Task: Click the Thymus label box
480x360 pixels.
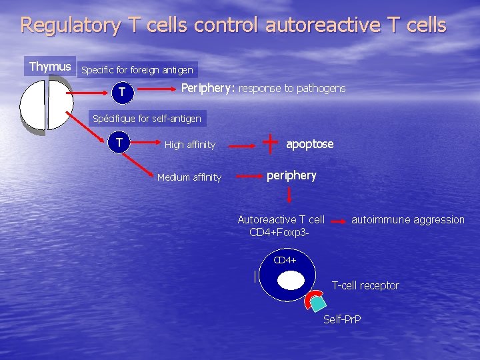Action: coord(50,67)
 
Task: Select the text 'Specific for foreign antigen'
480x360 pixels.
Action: coord(137,69)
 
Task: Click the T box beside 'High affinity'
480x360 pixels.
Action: coord(119,141)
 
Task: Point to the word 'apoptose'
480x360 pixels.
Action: coord(310,144)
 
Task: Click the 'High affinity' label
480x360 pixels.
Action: coord(190,145)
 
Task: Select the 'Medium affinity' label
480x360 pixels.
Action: coord(189,177)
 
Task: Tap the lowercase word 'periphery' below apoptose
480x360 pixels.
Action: coord(291,175)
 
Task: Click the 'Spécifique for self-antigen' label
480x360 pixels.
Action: coord(147,119)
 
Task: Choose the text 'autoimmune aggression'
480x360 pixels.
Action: coord(408,219)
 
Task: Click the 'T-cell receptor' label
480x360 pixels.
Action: coord(365,285)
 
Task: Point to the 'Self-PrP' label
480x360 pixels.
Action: coord(342,319)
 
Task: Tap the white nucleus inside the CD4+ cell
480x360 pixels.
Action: coord(290,281)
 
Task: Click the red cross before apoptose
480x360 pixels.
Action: coord(271,141)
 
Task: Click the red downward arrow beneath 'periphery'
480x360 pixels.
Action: coord(289,195)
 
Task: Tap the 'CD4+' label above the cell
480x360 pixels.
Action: coord(285,260)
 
